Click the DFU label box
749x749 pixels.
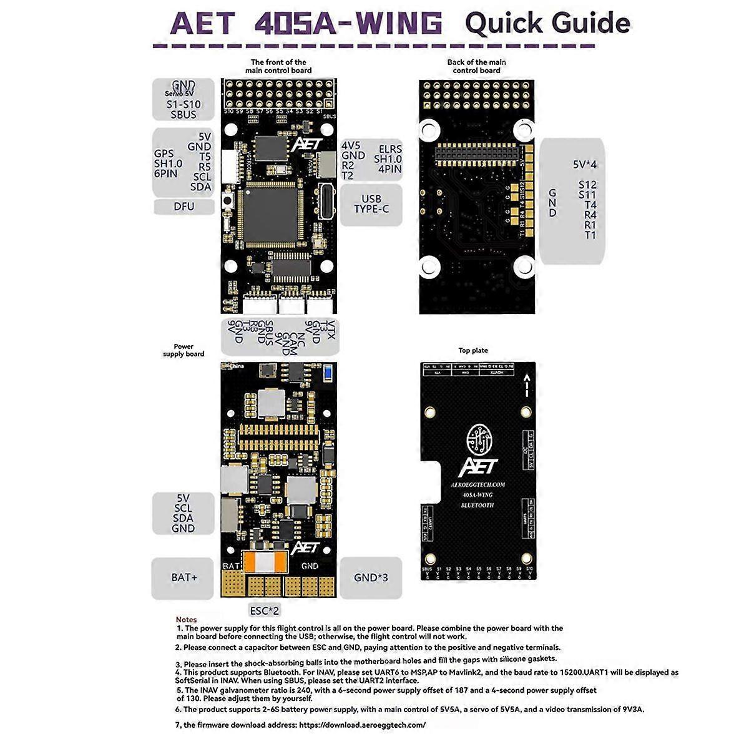(184, 207)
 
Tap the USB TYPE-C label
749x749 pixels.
(371, 204)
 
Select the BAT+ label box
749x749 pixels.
(184, 577)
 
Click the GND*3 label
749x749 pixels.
(371, 577)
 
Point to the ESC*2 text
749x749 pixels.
(264, 610)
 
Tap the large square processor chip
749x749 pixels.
(273, 214)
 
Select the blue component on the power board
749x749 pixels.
(328, 373)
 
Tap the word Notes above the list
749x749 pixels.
(186, 619)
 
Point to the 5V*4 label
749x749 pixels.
(585, 165)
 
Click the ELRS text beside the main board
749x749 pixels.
(391, 149)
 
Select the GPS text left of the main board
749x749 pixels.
(164, 154)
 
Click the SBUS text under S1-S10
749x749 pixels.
(184, 115)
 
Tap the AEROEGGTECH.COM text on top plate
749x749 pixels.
(477, 484)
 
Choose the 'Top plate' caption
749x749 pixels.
(473, 350)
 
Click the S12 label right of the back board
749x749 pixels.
(587, 185)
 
